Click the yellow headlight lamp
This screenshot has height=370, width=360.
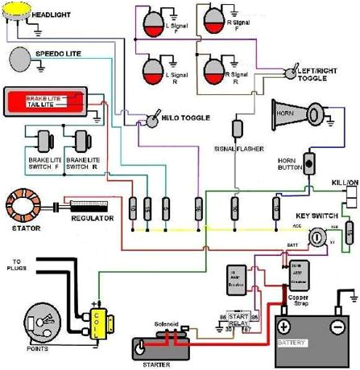click(16, 14)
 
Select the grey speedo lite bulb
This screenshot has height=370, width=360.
click(19, 59)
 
